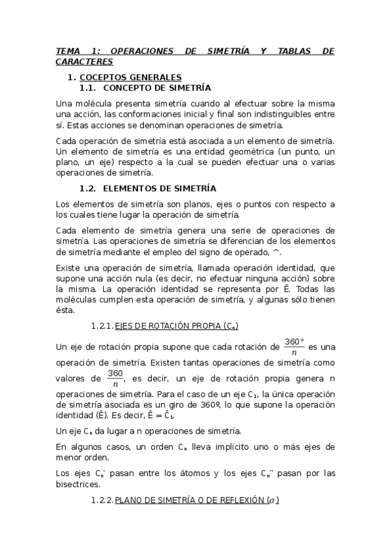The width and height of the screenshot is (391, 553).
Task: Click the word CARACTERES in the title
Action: pos(84,61)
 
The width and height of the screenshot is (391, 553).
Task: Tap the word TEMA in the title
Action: pos(67,51)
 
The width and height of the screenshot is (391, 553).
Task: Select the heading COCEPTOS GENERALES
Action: pos(135,77)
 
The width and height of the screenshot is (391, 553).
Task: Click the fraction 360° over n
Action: pos(295,346)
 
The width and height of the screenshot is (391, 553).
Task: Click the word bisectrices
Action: pos(78,485)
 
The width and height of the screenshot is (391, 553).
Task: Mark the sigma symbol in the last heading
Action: pos(275,501)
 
